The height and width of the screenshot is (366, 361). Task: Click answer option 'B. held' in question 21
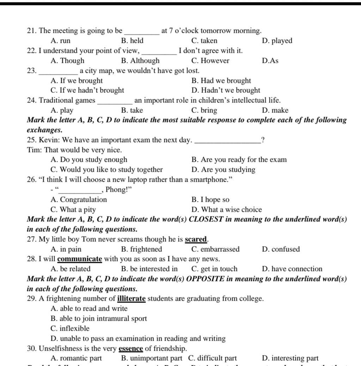132,41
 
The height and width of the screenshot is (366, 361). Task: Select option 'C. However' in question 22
210,61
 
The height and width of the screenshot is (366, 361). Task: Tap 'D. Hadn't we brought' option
226,90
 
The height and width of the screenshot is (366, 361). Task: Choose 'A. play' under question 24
62,110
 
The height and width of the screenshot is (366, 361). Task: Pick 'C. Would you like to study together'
107,170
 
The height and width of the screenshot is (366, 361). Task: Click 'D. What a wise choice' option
227,210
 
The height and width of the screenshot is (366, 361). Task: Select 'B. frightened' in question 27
141,249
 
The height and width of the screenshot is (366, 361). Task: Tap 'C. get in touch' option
214,269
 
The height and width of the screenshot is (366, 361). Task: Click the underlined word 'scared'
196,240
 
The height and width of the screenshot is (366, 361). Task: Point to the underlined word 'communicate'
80,259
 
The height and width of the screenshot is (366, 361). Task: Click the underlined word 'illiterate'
131,299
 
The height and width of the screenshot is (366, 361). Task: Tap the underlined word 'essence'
131,349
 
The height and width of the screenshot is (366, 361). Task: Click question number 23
32,71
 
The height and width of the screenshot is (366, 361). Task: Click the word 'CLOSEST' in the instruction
206,219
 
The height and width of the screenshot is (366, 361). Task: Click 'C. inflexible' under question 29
70,329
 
